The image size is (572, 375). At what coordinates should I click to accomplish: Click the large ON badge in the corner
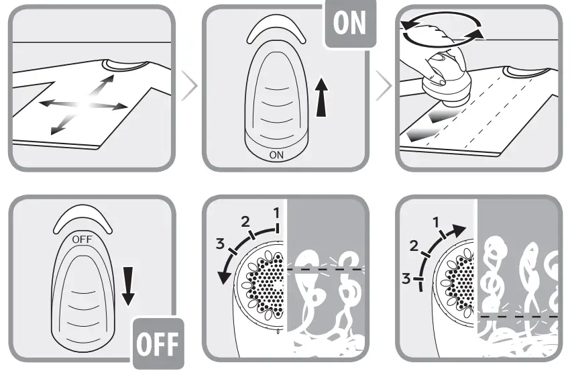[349, 23]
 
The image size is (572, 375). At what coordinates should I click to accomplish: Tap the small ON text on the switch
[276, 154]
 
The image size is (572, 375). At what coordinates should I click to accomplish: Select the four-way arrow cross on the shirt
[83, 103]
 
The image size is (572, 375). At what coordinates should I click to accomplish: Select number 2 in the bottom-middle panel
[245, 221]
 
